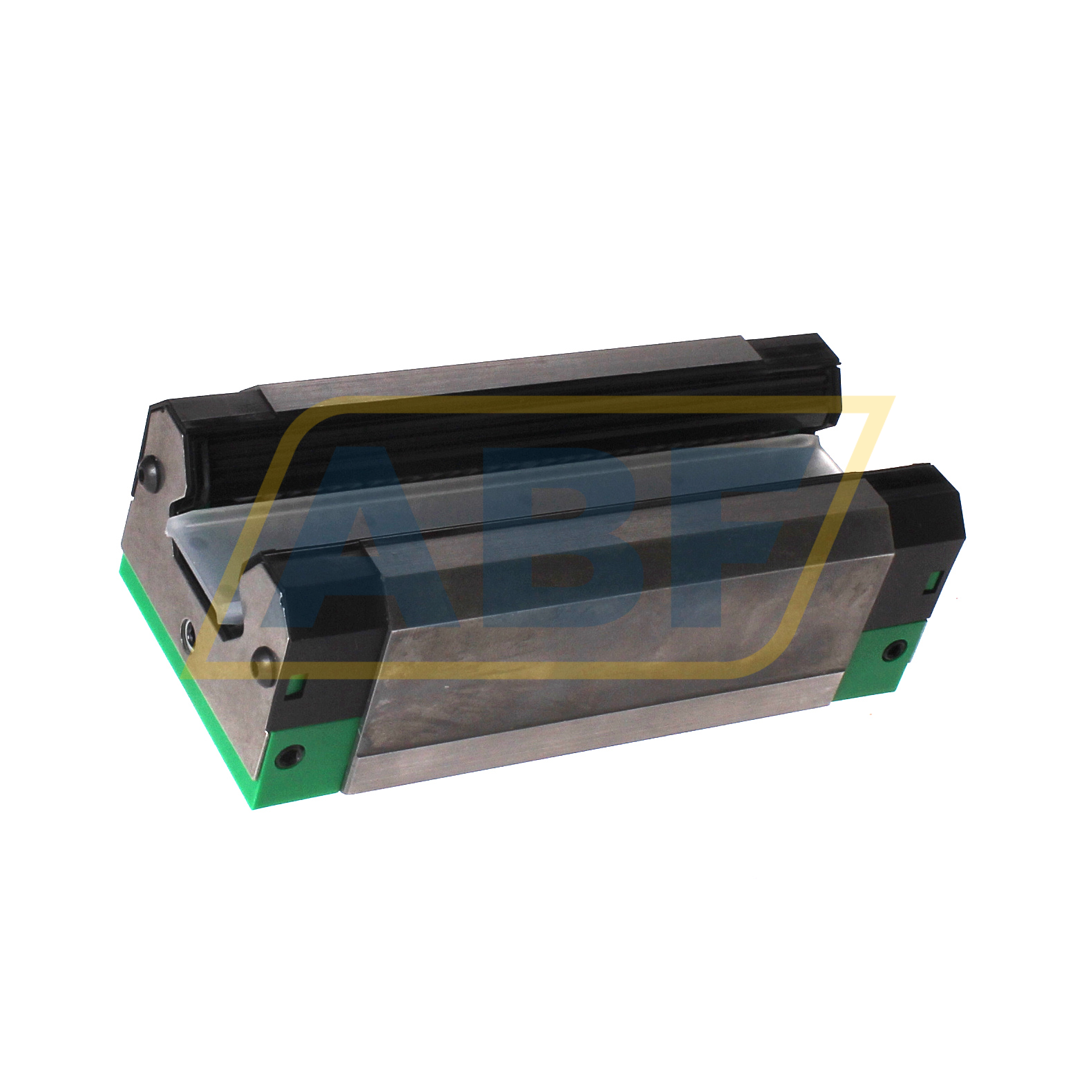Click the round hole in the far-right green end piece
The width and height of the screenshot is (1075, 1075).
pyautogui.click(x=895, y=649)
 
